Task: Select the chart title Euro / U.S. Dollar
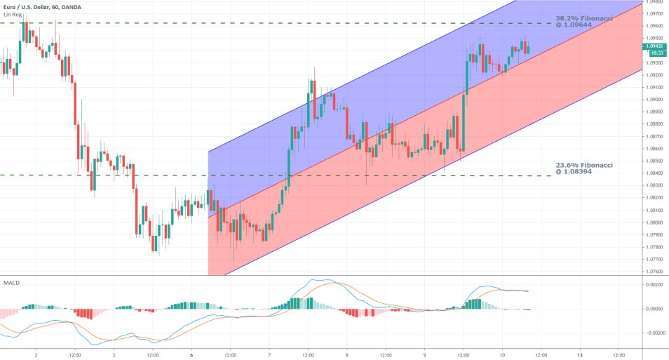coord(29,7)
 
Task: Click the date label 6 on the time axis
coord(191,355)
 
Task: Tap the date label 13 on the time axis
coord(579,355)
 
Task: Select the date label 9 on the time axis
coord(424,355)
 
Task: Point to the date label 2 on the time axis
coord(36,355)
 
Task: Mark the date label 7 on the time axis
coord(269,355)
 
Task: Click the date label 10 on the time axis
coord(502,355)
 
